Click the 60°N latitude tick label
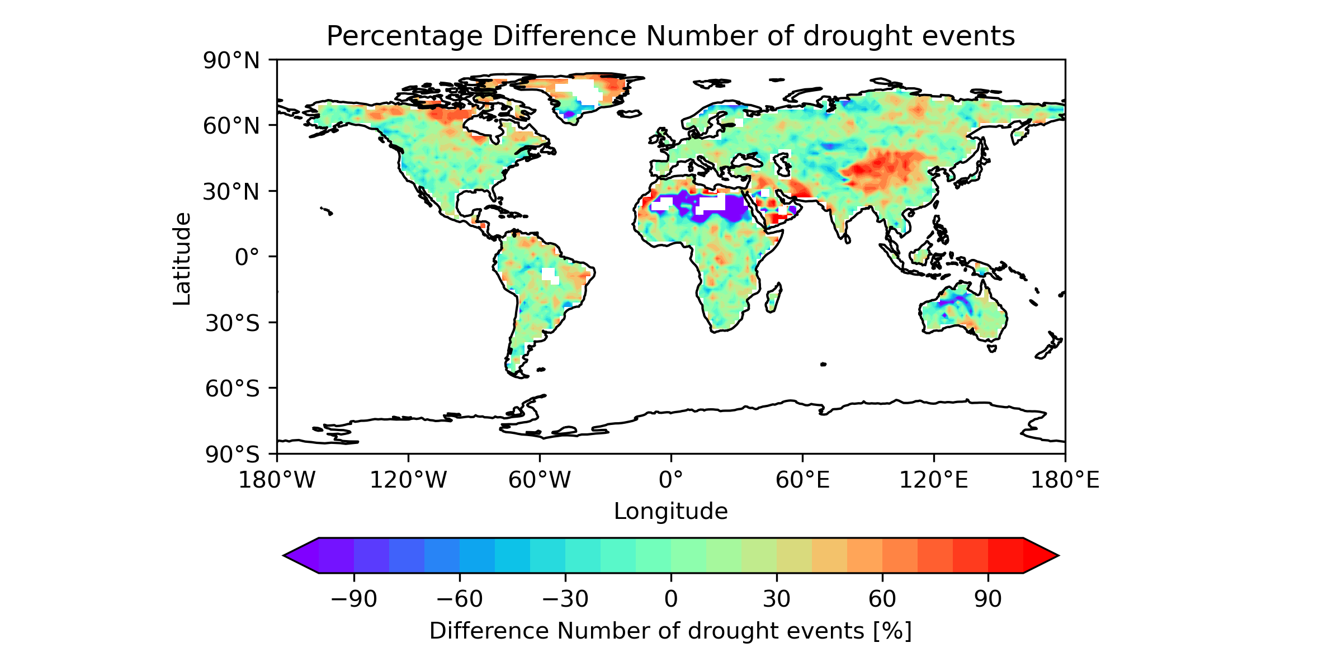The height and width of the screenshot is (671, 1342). click(231, 126)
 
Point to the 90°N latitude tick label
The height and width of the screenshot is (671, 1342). click(231, 60)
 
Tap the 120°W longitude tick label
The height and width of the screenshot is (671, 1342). click(408, 480)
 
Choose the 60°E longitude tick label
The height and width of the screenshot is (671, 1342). click(802, 480)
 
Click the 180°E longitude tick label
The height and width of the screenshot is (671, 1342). click(1065, 480)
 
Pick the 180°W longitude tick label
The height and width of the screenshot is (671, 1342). click(277, 480)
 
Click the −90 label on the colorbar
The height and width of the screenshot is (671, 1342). click(354, 599)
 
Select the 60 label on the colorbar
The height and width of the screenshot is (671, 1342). click(882, 599)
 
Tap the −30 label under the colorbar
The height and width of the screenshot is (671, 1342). click(565, 599)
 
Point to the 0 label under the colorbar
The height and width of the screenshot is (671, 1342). click(671, 599)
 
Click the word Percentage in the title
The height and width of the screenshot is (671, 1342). click(404, 37)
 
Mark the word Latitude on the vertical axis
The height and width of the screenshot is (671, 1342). click(182, 258)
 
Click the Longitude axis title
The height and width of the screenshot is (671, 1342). click(671, 512)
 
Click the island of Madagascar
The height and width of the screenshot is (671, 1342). click(773, 299)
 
